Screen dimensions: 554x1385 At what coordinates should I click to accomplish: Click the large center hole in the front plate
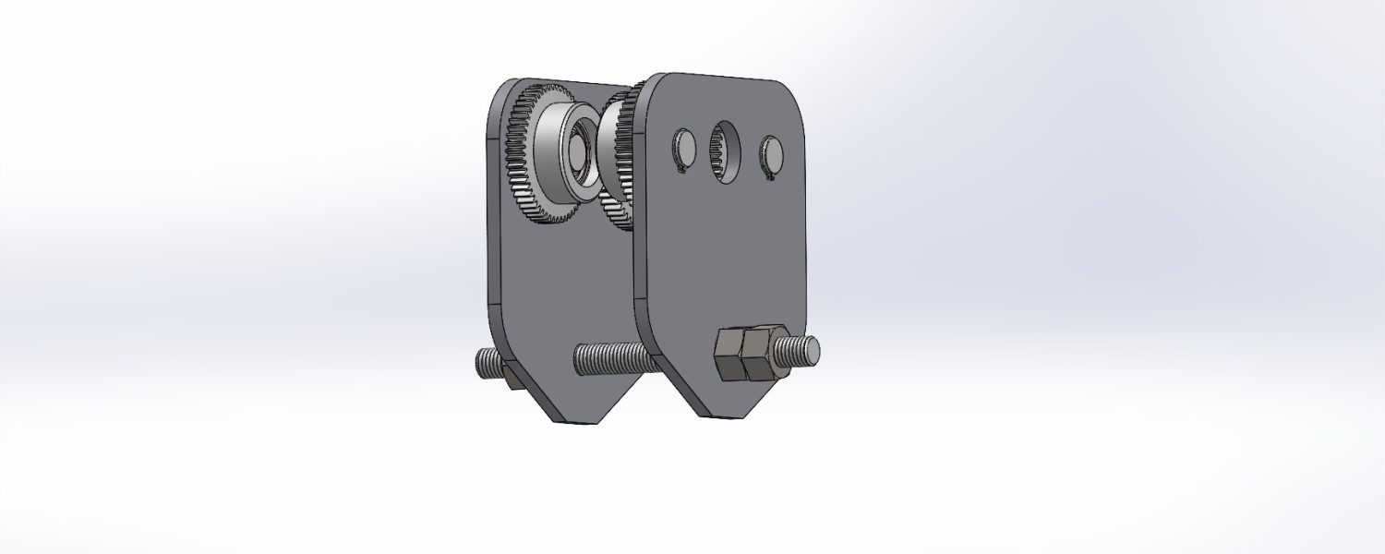726,151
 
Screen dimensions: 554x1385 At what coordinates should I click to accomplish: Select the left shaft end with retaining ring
683,151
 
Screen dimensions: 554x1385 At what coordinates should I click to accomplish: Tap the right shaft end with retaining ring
770,153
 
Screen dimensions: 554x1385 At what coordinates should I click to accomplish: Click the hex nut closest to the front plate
729,355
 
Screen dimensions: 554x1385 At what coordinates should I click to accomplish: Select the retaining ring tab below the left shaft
682,168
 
